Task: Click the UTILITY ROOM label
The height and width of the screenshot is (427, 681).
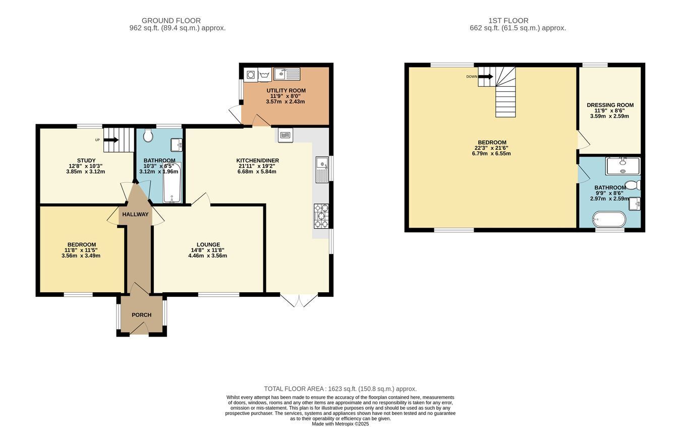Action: click(x=286, y=91)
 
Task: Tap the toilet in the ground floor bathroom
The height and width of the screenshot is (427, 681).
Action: click(x=148, y=135)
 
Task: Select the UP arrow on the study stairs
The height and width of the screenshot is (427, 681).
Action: click(x=111, y=140)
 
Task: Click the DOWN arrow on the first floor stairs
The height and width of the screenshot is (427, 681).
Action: click(x=486, y=77)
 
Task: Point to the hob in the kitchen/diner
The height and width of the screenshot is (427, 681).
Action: click(x=321, y=216)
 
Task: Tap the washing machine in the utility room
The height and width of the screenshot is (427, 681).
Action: click(x=251, y=75)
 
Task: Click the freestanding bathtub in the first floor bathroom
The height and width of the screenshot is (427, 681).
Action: click(x=609, y=219)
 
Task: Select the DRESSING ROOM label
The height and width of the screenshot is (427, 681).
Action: click(x=610, y=105)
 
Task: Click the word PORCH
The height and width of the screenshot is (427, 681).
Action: click(x=141, y=315)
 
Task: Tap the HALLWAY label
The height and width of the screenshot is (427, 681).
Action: click(x=135, y=215)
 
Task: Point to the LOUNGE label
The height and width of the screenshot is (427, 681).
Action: click(x=208, y=244)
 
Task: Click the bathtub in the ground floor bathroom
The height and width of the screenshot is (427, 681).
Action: click(x=173, y=183)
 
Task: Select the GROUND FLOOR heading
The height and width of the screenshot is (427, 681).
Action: click(x=171, y=21)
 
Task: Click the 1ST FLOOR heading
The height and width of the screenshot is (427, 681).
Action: click(x=508, y=21)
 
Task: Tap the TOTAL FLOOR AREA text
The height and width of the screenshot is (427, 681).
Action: click(x=340, y=389)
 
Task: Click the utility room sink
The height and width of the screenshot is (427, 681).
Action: click(x=287, y=74)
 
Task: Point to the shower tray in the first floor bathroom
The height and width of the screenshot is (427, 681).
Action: click(x=622, y=166)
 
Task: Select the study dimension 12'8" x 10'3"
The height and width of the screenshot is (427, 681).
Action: click(x=85, y=166)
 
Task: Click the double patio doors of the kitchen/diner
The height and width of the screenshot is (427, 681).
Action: click(x=299, y=300)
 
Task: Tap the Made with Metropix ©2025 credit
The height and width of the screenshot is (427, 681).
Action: click(x=340, y=424)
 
